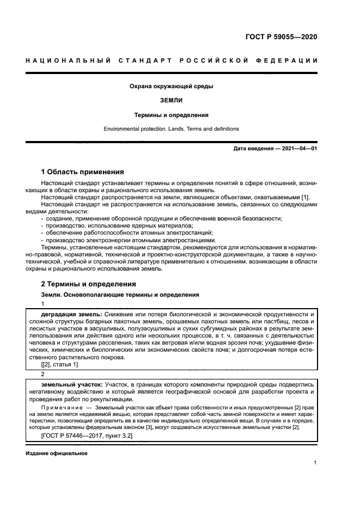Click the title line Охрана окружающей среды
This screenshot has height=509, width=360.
171,86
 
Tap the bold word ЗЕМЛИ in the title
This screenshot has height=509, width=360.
171,101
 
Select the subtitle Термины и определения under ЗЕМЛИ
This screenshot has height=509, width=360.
171,115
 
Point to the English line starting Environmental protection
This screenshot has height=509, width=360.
171,129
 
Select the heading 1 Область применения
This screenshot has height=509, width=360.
83,171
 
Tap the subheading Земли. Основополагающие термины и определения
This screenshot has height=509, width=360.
120,295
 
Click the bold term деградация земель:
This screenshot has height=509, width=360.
71,315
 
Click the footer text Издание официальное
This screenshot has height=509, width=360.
56,453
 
